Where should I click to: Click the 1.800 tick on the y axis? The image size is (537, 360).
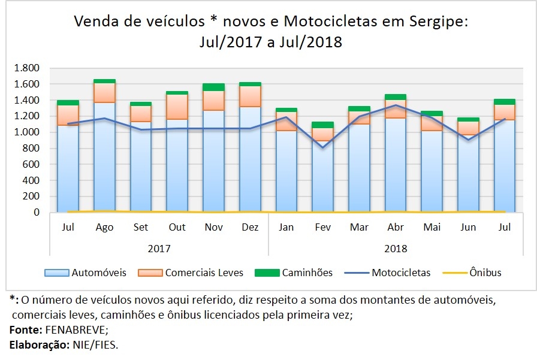click(28, 68)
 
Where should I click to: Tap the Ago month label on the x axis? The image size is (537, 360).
click(104, 228)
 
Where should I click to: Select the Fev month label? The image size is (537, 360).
click(323, 228)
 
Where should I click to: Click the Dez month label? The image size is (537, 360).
click(250, 228)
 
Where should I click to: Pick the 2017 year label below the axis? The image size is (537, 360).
click(159, 249)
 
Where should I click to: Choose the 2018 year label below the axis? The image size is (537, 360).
click(396, 249)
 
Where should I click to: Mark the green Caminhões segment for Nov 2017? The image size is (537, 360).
click(213, 87)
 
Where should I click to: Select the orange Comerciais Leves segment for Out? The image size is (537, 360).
click(177, 107)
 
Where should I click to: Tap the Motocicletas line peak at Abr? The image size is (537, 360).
click(396, 105)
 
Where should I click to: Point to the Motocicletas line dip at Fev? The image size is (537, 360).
click(323, 147)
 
